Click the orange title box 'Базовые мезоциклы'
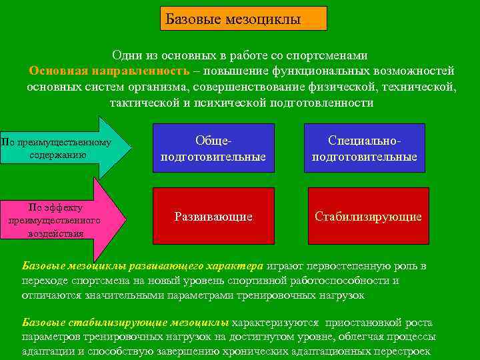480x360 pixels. click(243, 19)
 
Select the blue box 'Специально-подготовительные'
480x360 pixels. click(364, 149)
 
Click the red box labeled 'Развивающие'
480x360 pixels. click(213, 217)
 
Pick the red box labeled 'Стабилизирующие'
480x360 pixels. click(368, 217)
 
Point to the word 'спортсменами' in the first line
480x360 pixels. click(334, 55)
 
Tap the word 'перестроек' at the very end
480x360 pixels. click(403, 351)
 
